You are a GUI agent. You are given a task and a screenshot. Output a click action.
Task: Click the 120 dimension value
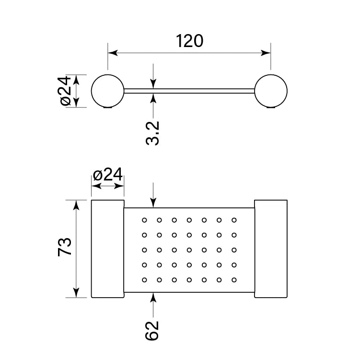point(189,41)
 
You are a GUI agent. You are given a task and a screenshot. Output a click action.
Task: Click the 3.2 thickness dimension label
point(153,133)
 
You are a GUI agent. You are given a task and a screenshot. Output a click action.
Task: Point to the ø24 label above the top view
point(108,175)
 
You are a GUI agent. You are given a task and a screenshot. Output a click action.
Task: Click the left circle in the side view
point(107,91)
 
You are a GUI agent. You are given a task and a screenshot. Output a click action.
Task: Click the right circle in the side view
point(271,91)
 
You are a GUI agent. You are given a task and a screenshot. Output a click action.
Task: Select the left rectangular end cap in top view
point(107,249)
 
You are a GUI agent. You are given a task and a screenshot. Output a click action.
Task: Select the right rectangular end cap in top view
point(270,249)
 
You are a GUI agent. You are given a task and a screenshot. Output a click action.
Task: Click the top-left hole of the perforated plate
point(144,220)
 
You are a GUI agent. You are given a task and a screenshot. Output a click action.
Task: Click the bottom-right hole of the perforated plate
point(234,279)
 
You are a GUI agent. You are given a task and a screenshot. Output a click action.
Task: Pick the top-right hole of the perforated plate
point(234,220)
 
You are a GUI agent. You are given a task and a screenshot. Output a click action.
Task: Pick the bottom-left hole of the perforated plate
point(144,279)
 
